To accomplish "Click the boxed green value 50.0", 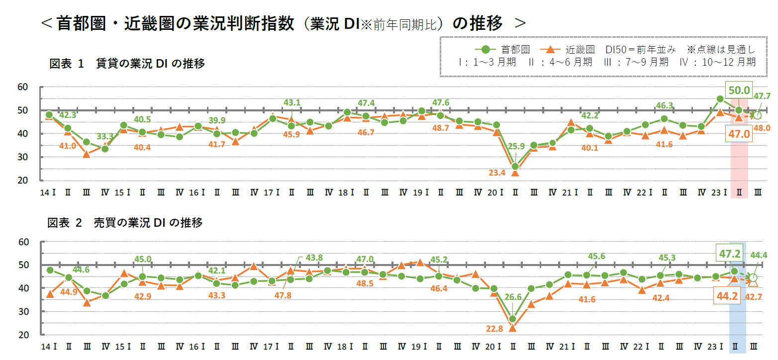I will pyautogui.click(x=739, y=90).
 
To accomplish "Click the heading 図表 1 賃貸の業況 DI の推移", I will pyautogui.click(x=127, y=64).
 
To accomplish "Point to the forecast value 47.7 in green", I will pyautogui.click(x=762, y=96).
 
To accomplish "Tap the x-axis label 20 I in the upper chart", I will pyautogui.click(x=496, y=192).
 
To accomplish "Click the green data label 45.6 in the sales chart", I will pyautogui.click(x=596, y=257).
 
